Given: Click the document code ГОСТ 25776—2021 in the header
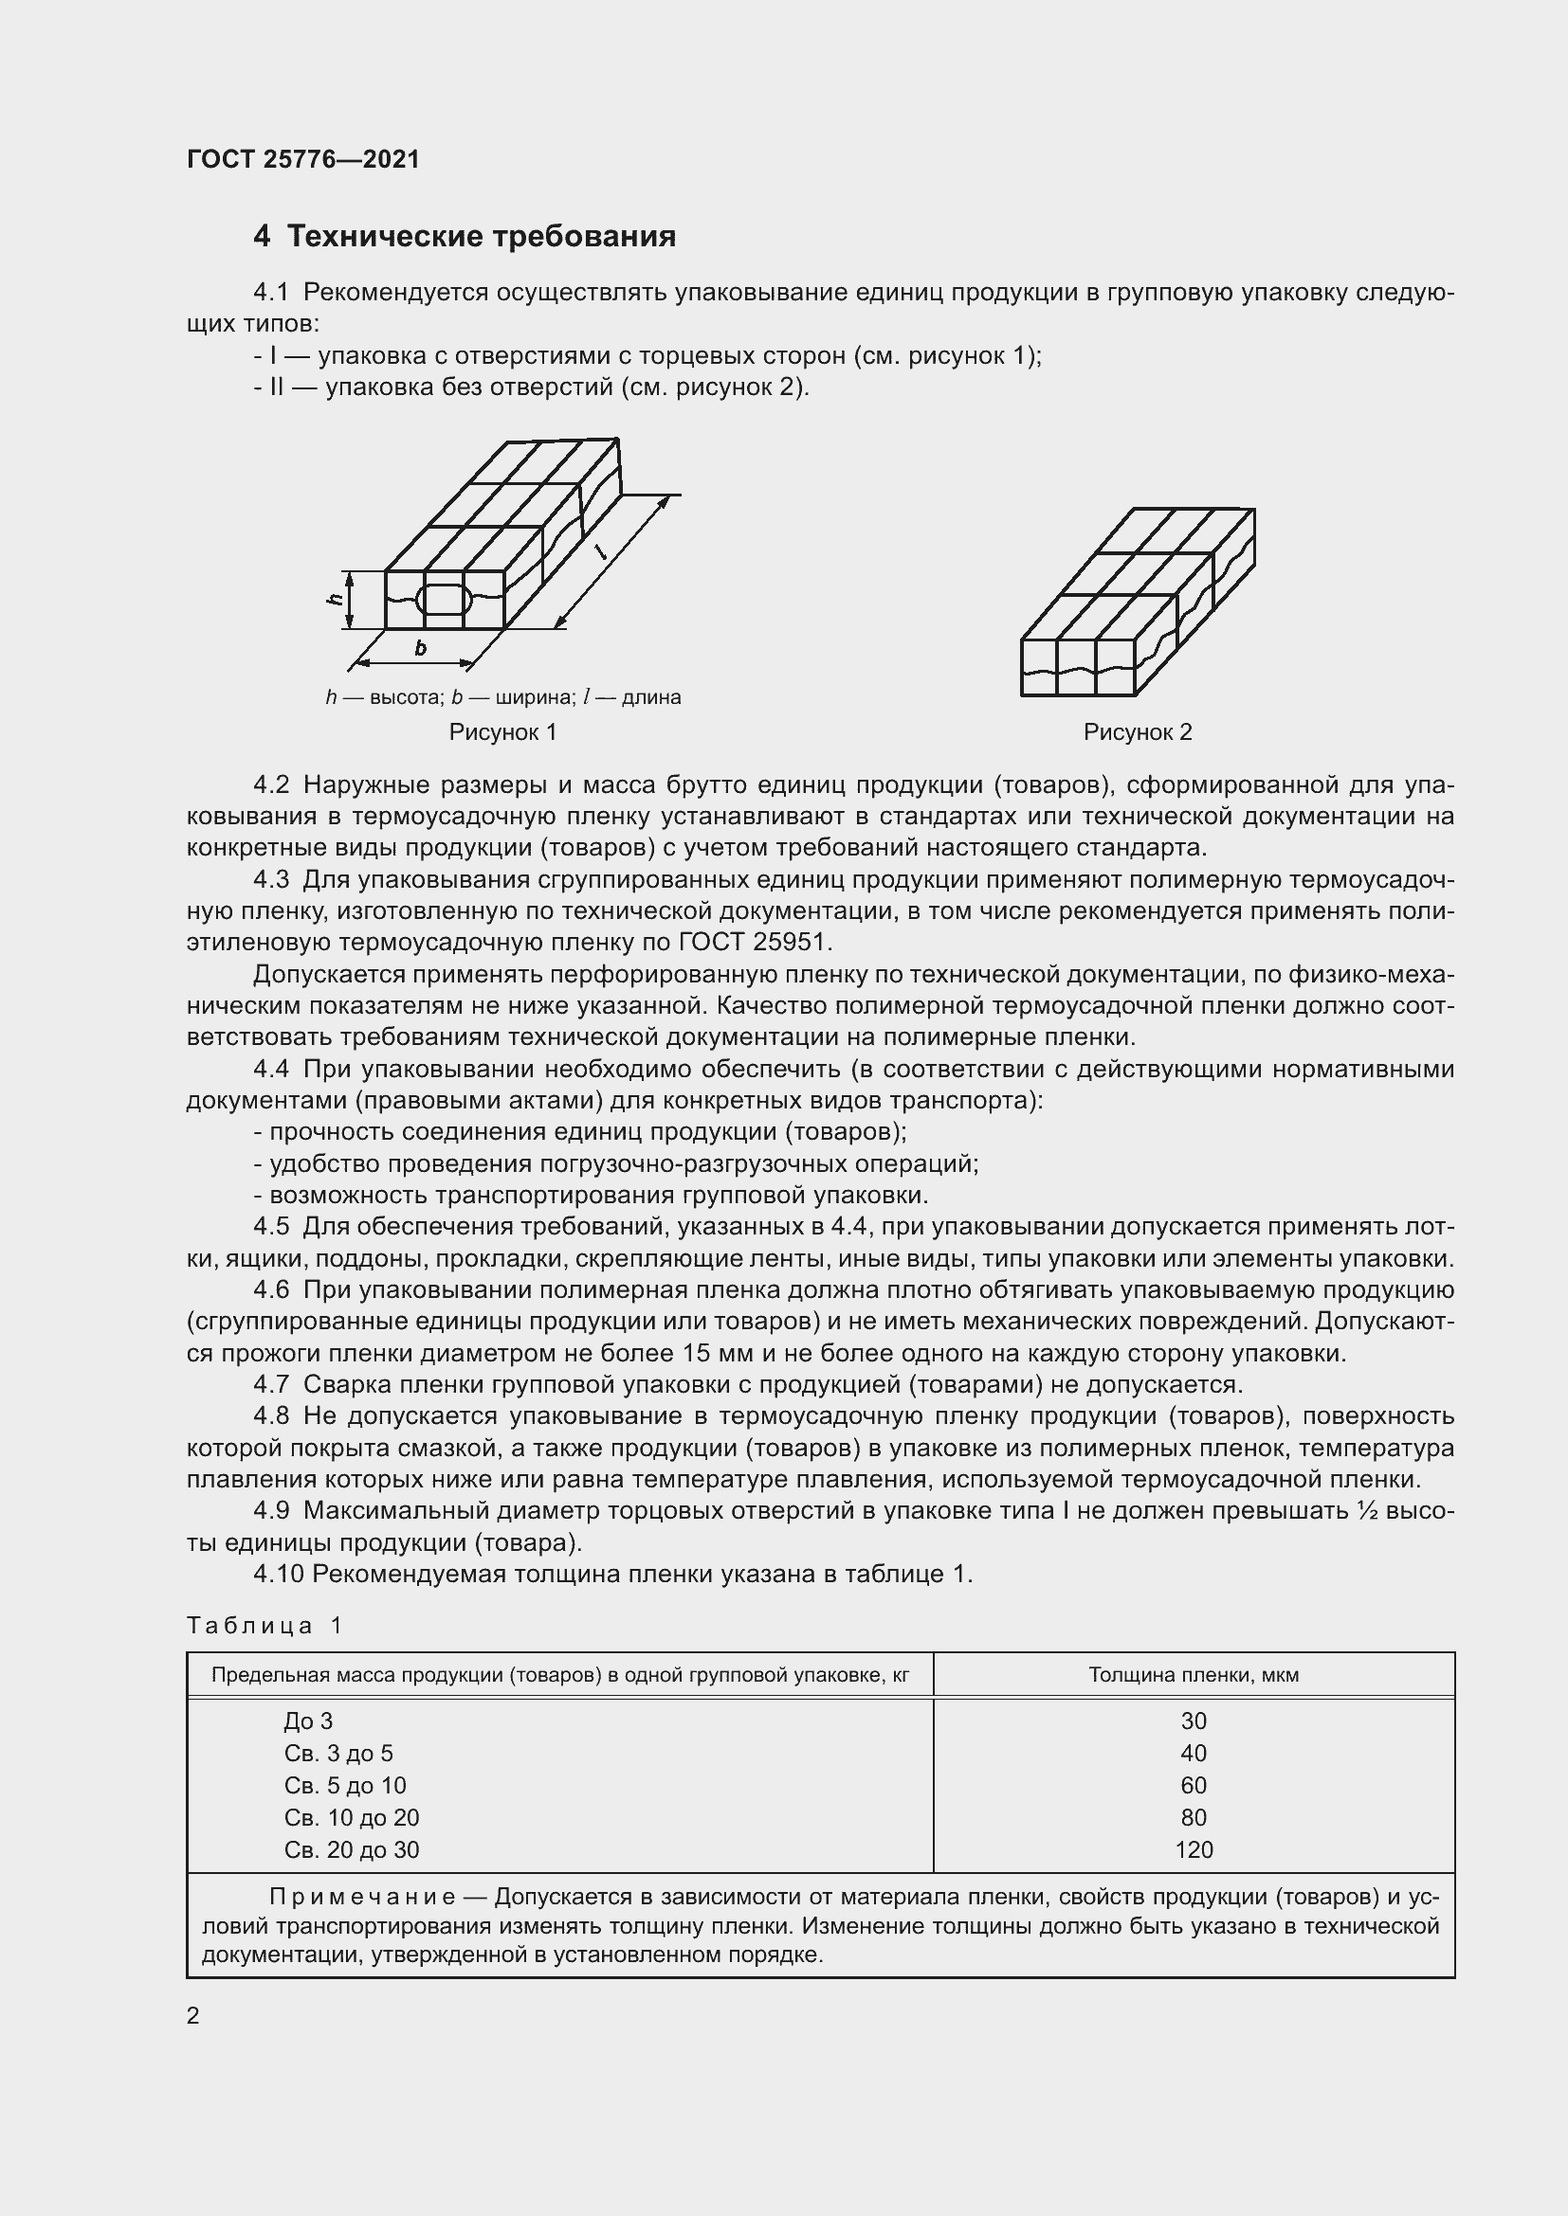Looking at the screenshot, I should click(303, 159).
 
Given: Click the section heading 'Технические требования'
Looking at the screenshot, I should click(481, 237).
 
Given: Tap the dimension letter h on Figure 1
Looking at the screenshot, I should click(334, 600).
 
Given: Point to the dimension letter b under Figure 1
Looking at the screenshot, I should click(420, 649).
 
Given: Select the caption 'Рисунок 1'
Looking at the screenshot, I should click(502, 732).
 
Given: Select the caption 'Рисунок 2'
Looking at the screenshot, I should click(1138, 732).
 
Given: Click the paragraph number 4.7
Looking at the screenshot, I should click(271, 1385).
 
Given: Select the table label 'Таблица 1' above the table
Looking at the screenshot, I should click(264, 1626).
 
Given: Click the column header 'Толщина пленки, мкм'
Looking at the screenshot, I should click(1194, 1674).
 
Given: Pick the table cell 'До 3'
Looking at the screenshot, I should click(308, 1721).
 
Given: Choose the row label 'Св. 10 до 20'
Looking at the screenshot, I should click(352, 1817).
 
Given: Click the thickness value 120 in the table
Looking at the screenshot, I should click(1194, 1849).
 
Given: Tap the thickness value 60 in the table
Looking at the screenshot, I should click(1194, 1786).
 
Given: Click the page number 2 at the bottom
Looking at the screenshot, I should click(193, 2015).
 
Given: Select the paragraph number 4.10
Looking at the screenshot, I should click(278, 1575).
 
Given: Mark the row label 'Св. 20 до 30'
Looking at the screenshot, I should click(352, 1849).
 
